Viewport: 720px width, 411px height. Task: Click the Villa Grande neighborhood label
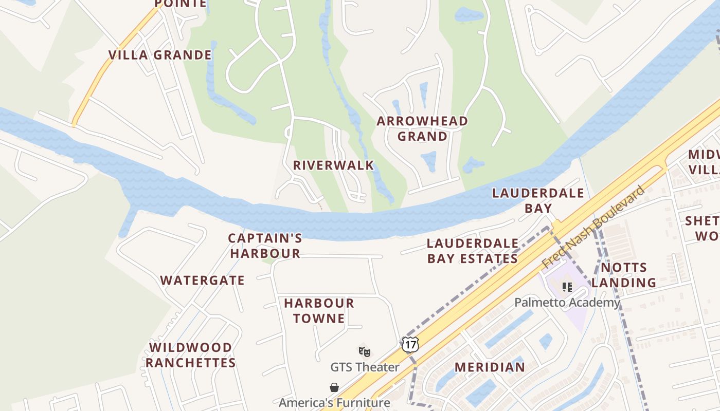160,55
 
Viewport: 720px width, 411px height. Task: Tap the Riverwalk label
333,165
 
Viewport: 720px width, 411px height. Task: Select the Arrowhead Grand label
422,128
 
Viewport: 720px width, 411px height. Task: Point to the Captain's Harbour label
265,246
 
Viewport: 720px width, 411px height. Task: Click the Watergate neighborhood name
202,281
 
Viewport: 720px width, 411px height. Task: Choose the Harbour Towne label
319,311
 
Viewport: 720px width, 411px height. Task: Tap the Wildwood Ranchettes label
190,355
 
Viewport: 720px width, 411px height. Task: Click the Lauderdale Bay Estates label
472,251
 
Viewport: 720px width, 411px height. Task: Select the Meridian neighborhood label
490,367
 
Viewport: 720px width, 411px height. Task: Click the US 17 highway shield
410,344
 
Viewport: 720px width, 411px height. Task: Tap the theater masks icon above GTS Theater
364,351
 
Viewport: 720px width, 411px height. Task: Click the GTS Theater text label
365,367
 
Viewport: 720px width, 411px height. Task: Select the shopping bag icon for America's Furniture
334,387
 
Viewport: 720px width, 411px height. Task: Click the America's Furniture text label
334,402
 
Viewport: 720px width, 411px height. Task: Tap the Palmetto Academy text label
567,303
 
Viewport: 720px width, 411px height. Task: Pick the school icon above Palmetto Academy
567,287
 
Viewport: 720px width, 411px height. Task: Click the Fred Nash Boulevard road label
593,227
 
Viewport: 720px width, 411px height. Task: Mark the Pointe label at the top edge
181,4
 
